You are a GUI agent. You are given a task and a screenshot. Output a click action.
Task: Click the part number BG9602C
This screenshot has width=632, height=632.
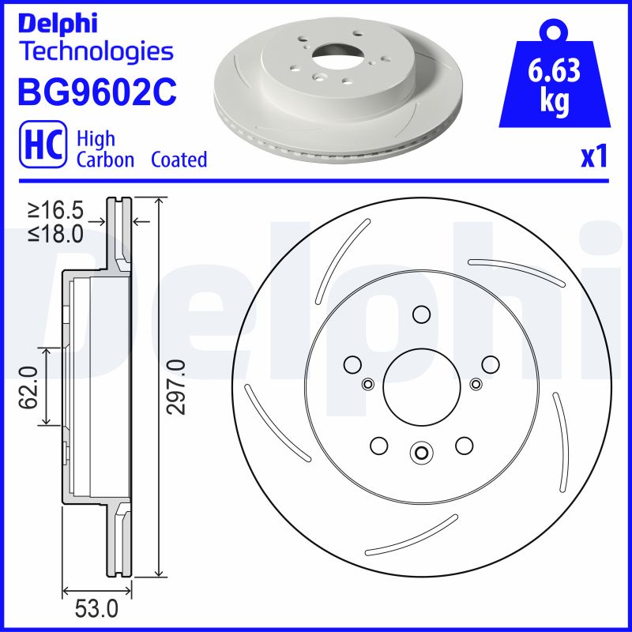point(96,93)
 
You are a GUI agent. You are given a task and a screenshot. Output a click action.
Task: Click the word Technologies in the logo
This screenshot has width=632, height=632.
point(96,52)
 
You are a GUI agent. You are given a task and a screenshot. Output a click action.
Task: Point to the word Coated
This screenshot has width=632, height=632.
point(179,160)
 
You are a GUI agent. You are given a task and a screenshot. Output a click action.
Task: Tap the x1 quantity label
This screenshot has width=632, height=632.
point(594,158)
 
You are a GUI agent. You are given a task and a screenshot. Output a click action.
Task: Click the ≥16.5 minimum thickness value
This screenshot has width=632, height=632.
point(56,211)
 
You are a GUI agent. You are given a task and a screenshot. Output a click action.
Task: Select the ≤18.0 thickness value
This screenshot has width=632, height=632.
point(56,234)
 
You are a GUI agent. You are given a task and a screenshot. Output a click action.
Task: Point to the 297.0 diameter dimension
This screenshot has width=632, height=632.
point(176,386)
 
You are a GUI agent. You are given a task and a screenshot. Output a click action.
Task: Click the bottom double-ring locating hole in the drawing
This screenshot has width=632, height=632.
point(420,453)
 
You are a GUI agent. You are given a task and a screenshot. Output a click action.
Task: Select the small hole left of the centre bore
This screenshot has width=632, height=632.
point(367,384)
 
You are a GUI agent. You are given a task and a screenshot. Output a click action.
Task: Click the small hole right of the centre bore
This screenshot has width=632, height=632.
point(475,384)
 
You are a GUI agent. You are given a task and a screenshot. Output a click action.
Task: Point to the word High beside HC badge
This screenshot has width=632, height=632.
point(96,139)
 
